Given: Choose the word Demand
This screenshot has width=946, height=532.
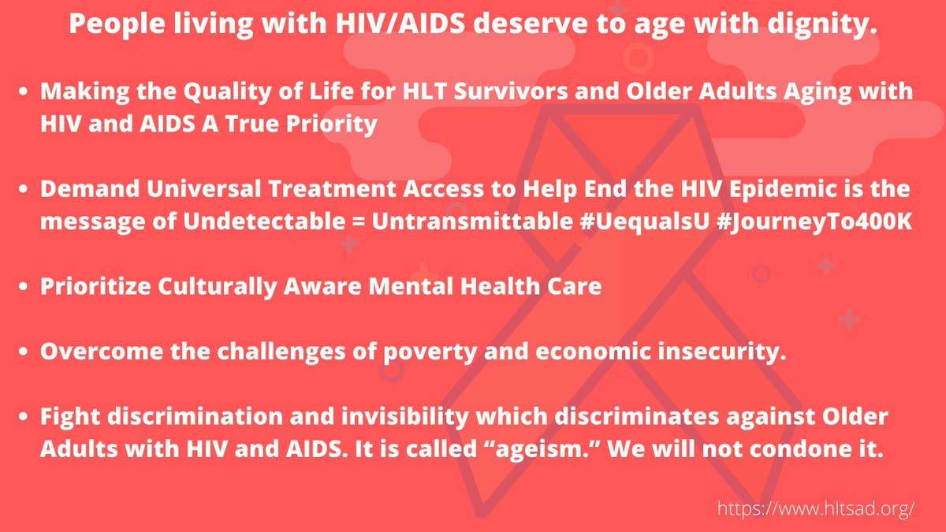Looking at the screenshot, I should click(84, 190).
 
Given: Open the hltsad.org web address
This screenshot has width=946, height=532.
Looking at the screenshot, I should click(816, 508).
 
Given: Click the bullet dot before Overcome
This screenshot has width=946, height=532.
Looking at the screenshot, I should click(26, 352).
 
